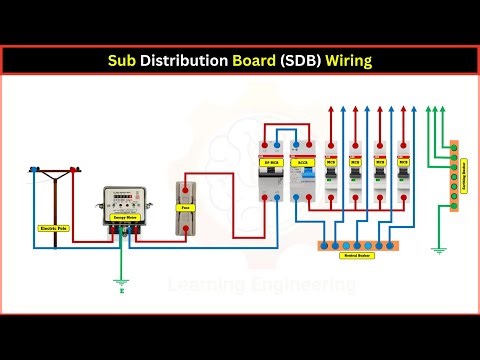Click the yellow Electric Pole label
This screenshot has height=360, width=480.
53,229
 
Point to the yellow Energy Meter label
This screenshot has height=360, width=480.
124,214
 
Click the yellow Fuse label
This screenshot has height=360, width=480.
184,207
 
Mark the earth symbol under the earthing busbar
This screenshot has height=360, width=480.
438,251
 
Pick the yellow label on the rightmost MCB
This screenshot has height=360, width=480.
406,161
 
